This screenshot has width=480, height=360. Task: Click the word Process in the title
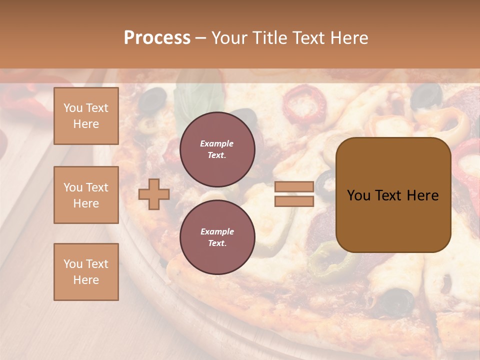(x=157, y=38)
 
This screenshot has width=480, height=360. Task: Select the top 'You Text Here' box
(x=86, y=116)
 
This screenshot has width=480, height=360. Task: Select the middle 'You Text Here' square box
(x=86, y=195)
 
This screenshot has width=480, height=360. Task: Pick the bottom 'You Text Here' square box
(x=86, y=271)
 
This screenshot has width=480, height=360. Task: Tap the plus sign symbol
(x=154, y=194)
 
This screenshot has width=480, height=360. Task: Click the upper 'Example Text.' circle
(x=217, y=149)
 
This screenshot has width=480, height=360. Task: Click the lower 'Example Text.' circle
(x=217, y=237)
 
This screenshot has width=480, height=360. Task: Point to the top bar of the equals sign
(x=294, y=187)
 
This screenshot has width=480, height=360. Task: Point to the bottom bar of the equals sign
(x=294, y=201)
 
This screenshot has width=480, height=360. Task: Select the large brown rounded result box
(x=393, y=194)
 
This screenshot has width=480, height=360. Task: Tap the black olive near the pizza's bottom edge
(x=397, y=301)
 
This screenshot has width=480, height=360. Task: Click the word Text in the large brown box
(x=392, y=195)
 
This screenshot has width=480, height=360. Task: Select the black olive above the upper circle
(x=151, y=100)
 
